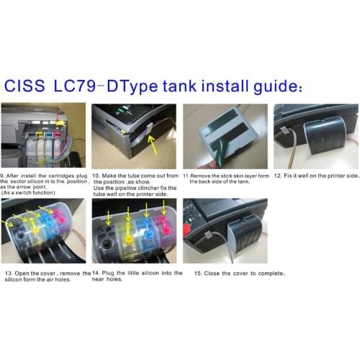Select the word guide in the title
tap(281, 86)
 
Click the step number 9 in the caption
tap(3, 176)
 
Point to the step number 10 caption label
tap(96, 176)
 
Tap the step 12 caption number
tap(277, 176)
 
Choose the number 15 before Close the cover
tap(189, 274)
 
